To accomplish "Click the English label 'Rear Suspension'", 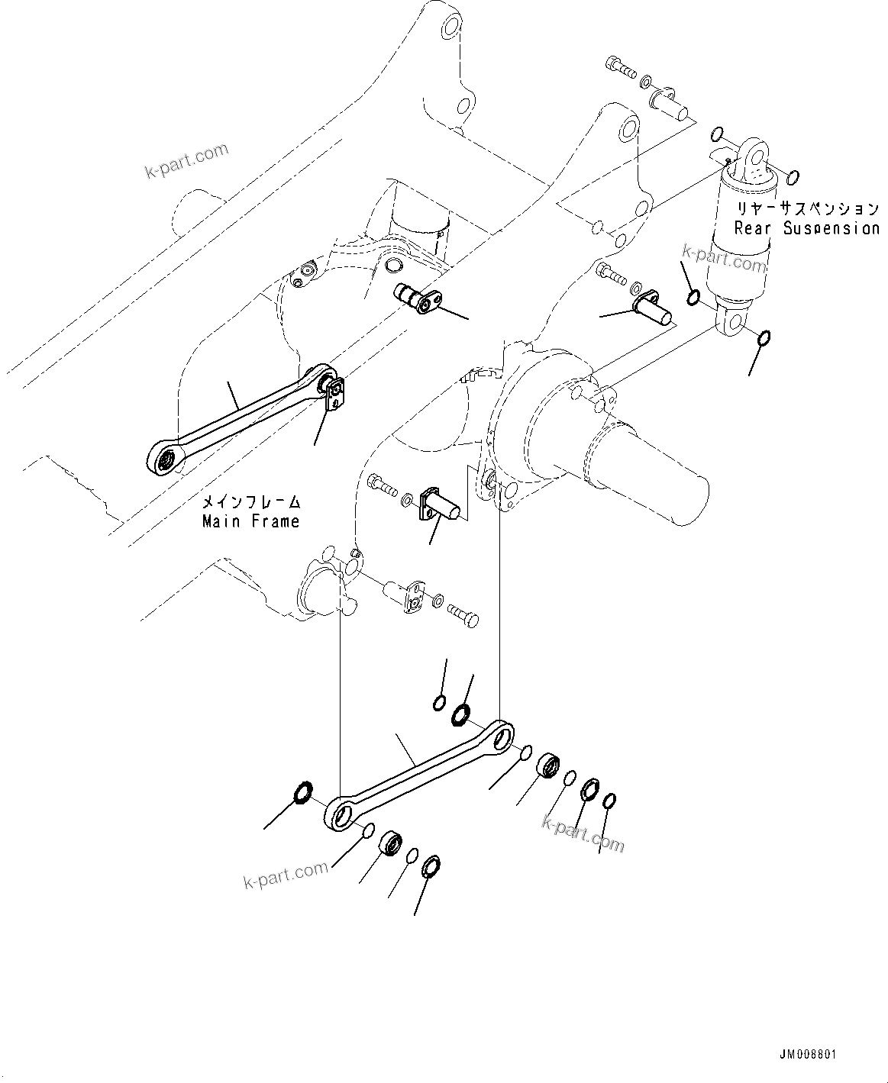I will [806, 227].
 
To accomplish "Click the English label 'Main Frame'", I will [250, 521].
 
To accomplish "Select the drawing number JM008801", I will [808, 1054].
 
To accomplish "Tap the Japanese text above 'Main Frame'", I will [250, 502].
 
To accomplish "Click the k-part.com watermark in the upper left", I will [186, 160].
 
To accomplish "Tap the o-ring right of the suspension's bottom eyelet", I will [764, 337].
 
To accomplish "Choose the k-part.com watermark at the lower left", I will [286, 875].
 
